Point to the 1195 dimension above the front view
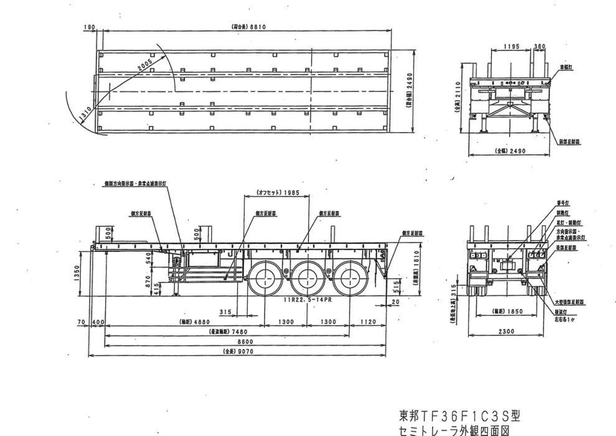(x=511, y=46)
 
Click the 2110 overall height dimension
(x=458, y=96)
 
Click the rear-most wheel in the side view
(x=347, y=276)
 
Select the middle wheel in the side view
(x=307, y=276)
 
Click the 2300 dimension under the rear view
(x=507, y=332)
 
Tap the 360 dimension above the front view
(x=539, y=46)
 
